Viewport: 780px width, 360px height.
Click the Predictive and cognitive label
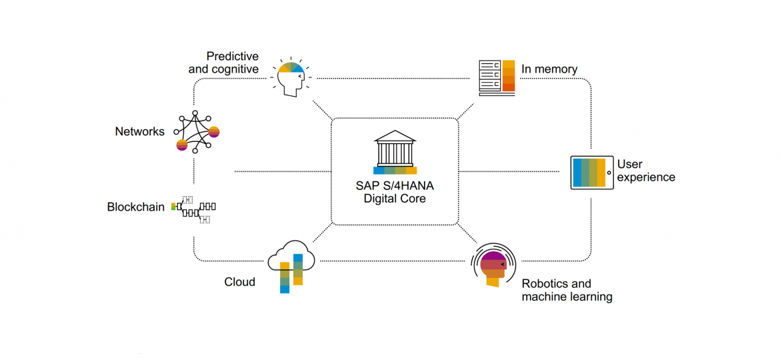click(x=223, y=63)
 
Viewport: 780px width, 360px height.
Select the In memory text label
click(x=549, y=69)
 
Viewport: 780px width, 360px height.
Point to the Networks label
click(x=139, y=131)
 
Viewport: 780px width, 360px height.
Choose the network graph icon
click(x=196, y=132)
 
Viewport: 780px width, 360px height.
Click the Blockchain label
click(x=135, y=207)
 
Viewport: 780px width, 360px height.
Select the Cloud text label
click(x=239, y=282)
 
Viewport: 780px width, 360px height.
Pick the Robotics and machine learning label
click(x=567, y=290)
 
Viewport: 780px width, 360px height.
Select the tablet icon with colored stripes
click(x=592, y=173)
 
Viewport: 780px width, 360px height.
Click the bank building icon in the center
click(x=395, y=152)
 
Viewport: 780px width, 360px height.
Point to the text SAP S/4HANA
click(x=395, y=185)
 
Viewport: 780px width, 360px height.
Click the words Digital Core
click(x=395, y=199)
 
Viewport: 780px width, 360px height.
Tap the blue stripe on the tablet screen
click(x=578, y=173)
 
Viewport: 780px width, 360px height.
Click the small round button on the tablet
click(x=609, y=173)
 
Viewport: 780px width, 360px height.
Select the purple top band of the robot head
click(x=493, y=255)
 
